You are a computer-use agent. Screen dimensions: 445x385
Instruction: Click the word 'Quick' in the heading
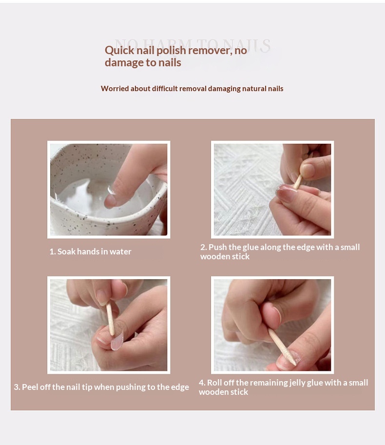coord(117,50)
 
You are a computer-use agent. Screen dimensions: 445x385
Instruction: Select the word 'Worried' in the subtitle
coord(115,89)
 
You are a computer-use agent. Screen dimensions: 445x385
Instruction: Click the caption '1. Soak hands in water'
coord(90,252)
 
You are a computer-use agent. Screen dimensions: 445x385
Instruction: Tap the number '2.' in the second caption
coord(203,247)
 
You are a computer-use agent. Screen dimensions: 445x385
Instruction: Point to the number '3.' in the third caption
coord(17,387)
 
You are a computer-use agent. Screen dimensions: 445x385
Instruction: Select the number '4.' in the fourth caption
coord(202,383)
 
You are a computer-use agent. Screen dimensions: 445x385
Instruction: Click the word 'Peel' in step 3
coord(30,387)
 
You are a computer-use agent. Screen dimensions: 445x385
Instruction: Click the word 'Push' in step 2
coord(217,247)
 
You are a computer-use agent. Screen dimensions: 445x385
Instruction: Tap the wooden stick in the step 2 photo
coord(297,182)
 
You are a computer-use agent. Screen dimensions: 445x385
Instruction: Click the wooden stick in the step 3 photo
coord(111,319)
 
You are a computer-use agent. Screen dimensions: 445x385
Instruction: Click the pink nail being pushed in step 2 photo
coord(287,194)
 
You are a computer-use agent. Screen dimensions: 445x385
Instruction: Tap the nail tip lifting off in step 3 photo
coord(116,342)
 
